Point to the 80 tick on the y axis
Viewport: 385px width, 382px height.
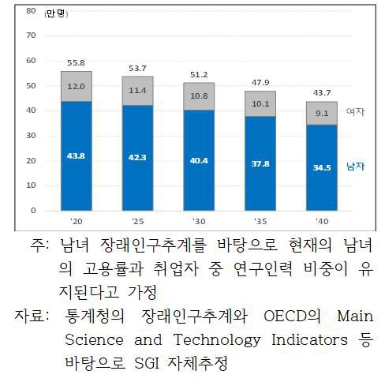(x=31, y=11)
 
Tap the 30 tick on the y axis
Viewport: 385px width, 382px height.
(x=31, y=136)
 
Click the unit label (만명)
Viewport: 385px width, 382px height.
(x=57, y=13)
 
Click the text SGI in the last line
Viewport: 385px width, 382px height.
(x=152, y=363)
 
